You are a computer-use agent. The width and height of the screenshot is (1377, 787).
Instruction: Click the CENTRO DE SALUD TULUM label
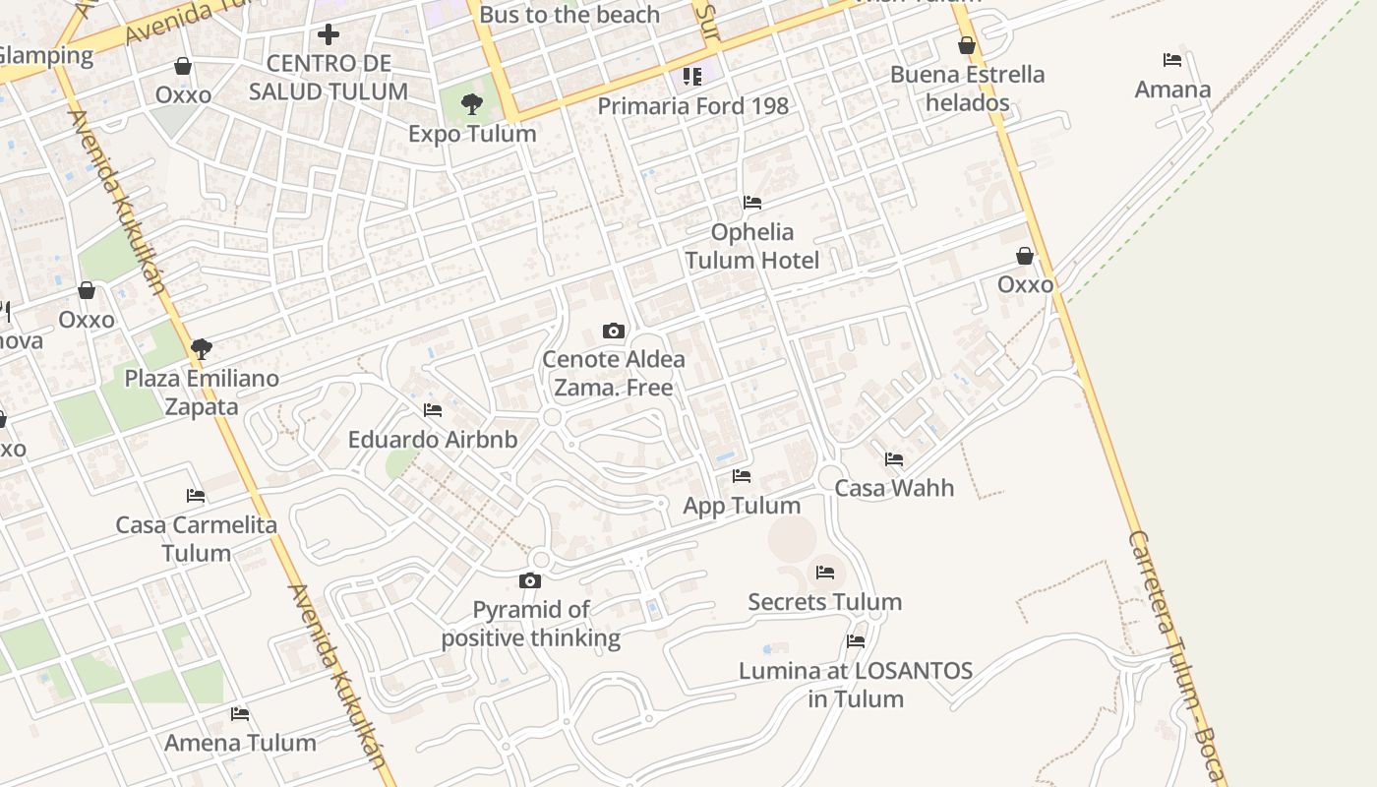328,78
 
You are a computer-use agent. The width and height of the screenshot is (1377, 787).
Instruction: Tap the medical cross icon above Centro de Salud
329,35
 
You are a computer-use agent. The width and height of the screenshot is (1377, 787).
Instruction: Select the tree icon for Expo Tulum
472,103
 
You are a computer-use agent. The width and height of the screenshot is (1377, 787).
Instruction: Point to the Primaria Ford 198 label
692,106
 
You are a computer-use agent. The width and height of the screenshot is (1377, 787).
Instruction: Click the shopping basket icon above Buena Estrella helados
967,45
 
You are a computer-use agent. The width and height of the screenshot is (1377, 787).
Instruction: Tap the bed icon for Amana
1171,60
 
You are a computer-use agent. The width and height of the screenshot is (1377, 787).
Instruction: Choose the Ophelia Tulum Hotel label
752,246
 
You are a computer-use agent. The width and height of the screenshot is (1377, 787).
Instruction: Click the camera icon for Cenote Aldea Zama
614,331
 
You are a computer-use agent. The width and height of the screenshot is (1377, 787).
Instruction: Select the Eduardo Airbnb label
433,439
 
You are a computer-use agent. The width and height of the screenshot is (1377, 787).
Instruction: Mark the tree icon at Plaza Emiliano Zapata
202,348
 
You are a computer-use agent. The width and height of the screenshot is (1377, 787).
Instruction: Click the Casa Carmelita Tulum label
197,538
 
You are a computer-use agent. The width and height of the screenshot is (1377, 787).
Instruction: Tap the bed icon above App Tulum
742,476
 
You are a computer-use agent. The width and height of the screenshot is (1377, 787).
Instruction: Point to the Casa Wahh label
894,488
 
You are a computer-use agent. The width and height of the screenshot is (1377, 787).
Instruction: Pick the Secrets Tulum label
824,602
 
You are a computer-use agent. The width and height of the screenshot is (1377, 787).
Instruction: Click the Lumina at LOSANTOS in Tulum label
856,685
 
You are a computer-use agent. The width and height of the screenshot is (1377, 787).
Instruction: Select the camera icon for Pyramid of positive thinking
530,580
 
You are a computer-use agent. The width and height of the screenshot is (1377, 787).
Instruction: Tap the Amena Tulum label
240,743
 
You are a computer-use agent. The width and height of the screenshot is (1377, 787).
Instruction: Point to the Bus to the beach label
569,15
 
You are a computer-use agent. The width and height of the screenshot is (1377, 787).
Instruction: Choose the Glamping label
46,55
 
